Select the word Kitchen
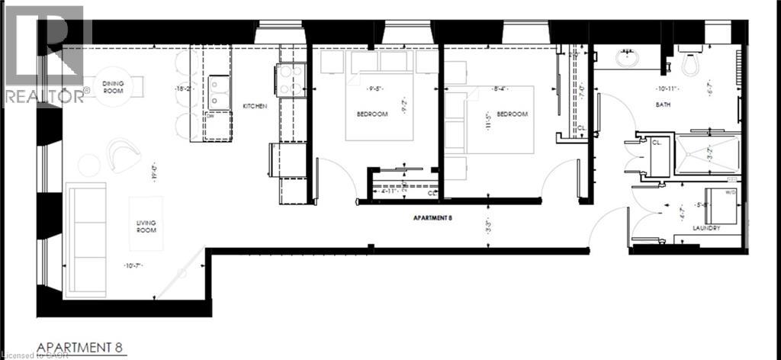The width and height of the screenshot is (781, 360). tap(255, 106)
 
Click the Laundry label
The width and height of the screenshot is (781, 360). tap(707, 227)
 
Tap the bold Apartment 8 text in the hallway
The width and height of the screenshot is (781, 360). tap(433, 217)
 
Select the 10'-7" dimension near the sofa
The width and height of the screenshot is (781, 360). tap(134, 265)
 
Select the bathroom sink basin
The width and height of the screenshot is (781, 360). tap(630, 58)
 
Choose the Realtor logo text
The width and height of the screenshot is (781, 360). tap(46, 96)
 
